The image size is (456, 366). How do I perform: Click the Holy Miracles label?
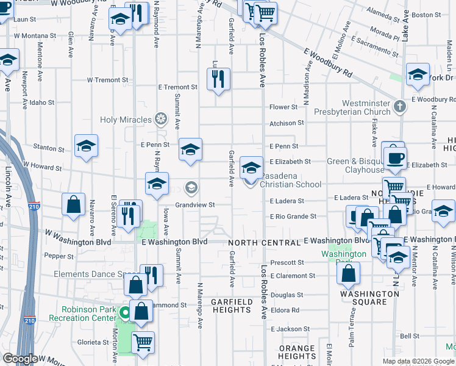tap(126, 120)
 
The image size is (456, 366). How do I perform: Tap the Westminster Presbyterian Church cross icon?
tap(399, 107)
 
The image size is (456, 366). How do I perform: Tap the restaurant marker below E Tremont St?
tap(218, 79)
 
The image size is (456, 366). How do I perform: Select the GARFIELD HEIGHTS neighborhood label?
tap(231, 306)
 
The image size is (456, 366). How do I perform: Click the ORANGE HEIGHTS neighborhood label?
tap(297, 352)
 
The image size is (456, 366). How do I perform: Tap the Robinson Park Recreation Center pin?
tap(124, 314)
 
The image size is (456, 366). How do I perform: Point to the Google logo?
tap(20, 359)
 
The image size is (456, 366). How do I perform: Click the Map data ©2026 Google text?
tap(418, 361)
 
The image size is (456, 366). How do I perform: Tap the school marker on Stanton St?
tap(87, 146)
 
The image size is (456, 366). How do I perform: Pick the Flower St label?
tap(283, 107)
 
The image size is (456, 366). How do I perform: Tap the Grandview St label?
tap(194, 205)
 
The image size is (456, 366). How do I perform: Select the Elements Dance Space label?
tap(91, 274)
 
